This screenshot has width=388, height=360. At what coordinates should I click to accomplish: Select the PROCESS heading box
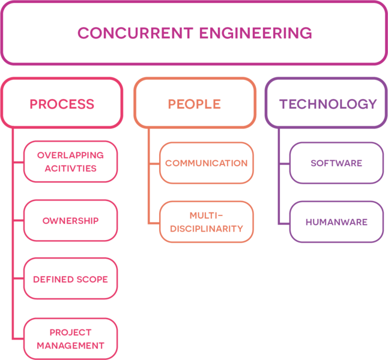point(62,103)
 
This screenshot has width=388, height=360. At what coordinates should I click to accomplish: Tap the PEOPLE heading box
point(194,103)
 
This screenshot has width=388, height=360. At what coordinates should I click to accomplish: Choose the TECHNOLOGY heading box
point(327,103)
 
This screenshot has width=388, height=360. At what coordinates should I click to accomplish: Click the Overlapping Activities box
point(71,161)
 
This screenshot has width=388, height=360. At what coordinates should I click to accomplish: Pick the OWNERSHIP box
point(71,221)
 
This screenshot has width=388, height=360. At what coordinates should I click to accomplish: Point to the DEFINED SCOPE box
point(71,280)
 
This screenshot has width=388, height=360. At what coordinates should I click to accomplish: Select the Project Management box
point(71,339)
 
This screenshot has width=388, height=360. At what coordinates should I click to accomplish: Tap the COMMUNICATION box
point(207,163)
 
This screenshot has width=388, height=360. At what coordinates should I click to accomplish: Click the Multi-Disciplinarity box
point(207,222)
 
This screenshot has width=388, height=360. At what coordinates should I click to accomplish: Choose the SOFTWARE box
point(336,163)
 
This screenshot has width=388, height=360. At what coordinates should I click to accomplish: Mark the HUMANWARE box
point(336,222)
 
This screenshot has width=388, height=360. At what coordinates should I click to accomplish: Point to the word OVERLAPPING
point(71,155)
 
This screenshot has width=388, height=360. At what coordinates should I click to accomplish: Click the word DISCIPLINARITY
point(207,229)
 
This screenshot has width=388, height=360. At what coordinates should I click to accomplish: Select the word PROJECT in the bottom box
point(71,332)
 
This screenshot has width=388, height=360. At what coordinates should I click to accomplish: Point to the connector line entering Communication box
point(154,163)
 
